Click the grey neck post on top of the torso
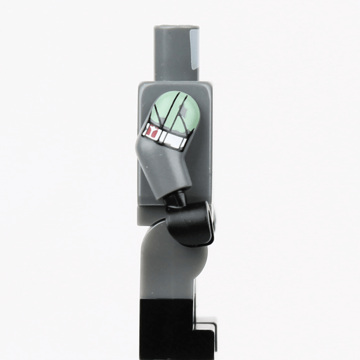click(x=174, y=51)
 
